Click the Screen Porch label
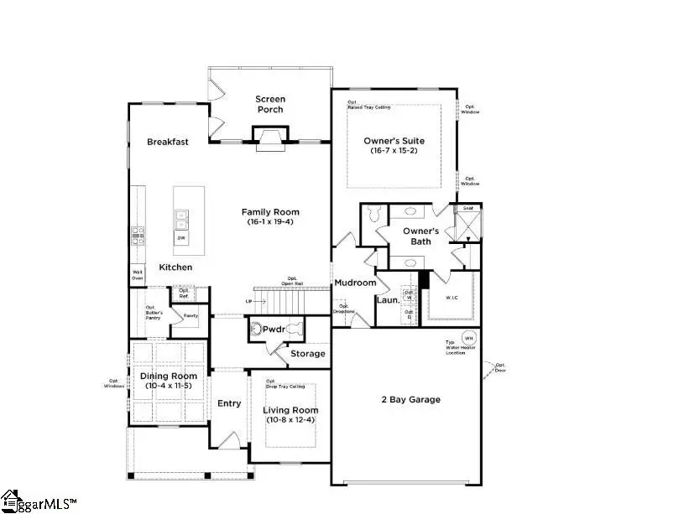point(270,104)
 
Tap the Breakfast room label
point(168,142)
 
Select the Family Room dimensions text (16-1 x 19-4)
point(270,223)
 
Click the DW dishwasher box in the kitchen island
point(181,239)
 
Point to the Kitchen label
point(176,267)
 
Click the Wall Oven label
point(136,275)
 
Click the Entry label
point(229,403)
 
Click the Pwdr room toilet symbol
point(257,330)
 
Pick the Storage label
point(308,354)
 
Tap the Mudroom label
point(356,283)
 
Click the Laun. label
point(386,299)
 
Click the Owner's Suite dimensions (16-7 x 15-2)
point(394,151)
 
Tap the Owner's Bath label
point(420,236)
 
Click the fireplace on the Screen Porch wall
point(270,138)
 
